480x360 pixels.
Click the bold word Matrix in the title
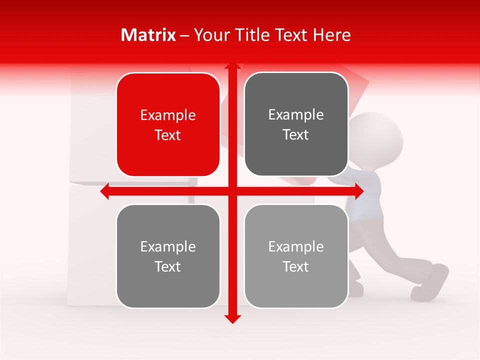[148, 35]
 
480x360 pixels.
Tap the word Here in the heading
[331, 35]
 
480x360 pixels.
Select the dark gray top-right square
[296, 155]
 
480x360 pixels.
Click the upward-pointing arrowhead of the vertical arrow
[232, 67]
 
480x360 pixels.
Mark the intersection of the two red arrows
[232, 191]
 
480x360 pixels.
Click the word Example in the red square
[168, 115]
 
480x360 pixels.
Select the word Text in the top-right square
[296, 135]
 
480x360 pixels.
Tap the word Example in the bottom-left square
[168, 247]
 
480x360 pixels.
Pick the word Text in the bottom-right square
[296, 267]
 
